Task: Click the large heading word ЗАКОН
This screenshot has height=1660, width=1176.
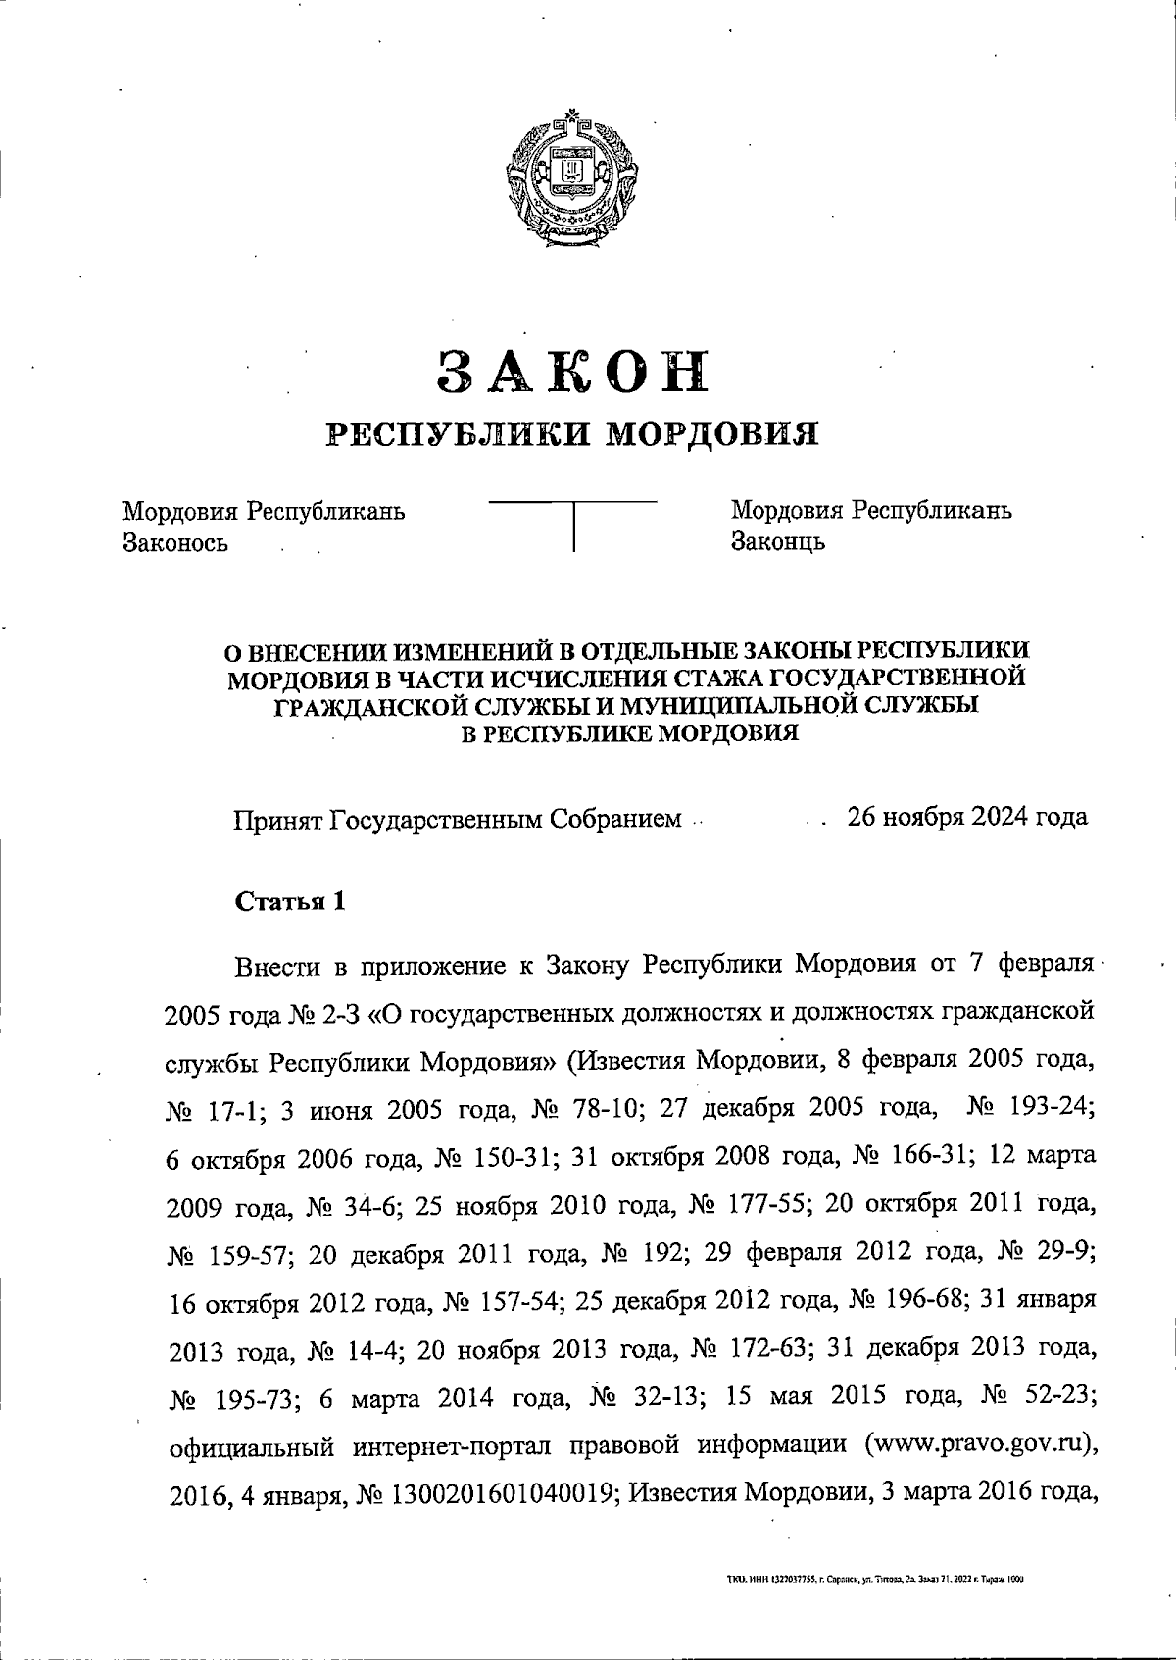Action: [x=572, y=372]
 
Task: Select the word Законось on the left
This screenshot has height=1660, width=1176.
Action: [x=175, y=542]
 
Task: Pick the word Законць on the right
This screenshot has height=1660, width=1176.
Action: [x=778, y=541]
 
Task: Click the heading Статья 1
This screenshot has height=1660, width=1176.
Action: [x=290, y=902]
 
